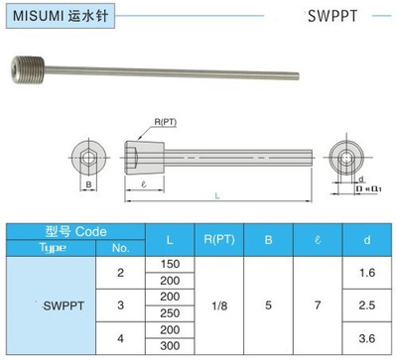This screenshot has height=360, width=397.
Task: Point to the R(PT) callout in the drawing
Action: (x=164, y=120)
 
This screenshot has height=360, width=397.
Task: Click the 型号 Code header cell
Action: (x=75, y=229)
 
